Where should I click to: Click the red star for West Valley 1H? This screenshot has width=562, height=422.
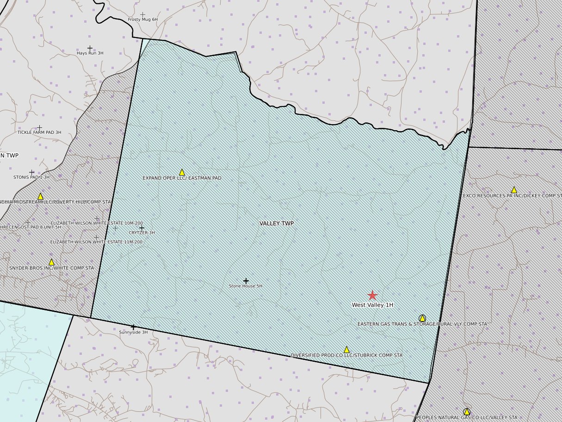372,296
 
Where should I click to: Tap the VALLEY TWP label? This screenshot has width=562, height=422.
277,223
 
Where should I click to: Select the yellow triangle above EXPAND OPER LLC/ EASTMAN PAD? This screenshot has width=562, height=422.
182,172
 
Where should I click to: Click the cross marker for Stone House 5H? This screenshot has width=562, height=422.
246,281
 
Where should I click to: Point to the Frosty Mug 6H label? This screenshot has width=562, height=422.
142,20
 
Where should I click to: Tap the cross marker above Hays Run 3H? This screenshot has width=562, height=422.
90,48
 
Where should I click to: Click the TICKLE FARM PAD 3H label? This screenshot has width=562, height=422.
39,132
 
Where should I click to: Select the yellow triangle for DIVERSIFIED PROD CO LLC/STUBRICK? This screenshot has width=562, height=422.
346,350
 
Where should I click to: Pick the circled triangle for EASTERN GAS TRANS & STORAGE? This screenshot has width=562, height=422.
422,318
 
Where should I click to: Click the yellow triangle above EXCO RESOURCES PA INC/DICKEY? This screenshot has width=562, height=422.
514,190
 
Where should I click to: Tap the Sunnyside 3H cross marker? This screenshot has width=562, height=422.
133,327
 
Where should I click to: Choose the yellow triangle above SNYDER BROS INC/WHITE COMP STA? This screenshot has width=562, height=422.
51,262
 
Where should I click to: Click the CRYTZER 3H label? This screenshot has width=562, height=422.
142,233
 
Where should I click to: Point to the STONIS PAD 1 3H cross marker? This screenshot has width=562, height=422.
31,172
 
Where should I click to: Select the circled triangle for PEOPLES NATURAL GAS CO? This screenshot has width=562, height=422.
467,411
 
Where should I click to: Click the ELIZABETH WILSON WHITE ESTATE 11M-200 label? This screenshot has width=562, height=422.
96,242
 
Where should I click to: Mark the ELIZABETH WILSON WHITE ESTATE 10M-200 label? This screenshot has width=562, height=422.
96,223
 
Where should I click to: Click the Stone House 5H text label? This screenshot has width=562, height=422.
246,286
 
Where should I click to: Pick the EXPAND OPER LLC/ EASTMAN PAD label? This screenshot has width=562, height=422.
182,178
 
